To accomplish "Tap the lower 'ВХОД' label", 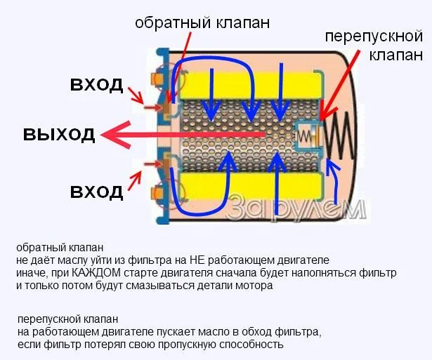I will point(96,190).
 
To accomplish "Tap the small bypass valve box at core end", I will point(307,134).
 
